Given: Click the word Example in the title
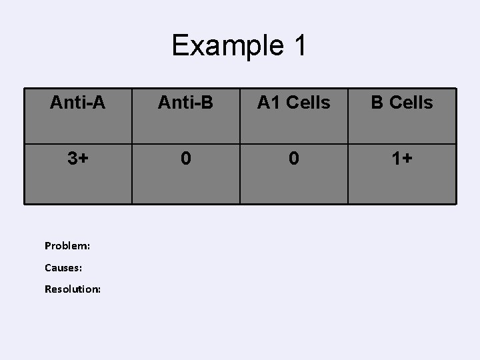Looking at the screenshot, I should [x=217, y=46].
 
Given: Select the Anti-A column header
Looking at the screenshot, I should [x=79, y=103].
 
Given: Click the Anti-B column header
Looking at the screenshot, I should [x=185, y=103].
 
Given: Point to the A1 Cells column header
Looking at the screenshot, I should [x=293, y=103].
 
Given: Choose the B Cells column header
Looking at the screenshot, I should [x=401, y=103].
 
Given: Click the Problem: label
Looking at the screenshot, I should [x=67, y=245].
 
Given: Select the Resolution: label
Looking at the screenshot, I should [x=73, y=289].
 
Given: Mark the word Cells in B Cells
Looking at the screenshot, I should [x=411, y=103].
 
